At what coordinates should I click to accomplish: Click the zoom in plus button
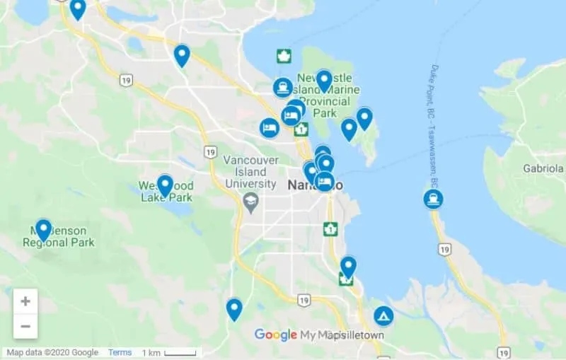[25, 301]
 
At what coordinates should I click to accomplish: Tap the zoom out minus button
[25, 326]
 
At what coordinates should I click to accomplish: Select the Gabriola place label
[543, 169]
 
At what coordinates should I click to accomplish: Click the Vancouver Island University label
[249, 172]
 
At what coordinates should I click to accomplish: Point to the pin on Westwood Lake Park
[165, 185]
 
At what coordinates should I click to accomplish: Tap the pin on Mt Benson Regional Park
[44, 229]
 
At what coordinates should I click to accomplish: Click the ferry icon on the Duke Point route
[434, 199]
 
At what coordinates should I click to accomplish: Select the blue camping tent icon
[383, 315]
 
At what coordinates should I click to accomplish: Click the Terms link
[120, 352]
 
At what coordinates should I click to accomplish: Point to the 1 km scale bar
[169, 352]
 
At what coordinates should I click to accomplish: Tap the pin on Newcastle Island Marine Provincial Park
[324, 81]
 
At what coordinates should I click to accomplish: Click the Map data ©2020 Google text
[53, 352]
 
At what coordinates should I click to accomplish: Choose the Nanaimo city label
[315, 185]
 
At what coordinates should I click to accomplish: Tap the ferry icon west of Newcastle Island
[283, 88]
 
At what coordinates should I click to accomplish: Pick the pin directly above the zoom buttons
[234, 309]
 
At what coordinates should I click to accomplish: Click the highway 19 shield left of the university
[210, 151]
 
